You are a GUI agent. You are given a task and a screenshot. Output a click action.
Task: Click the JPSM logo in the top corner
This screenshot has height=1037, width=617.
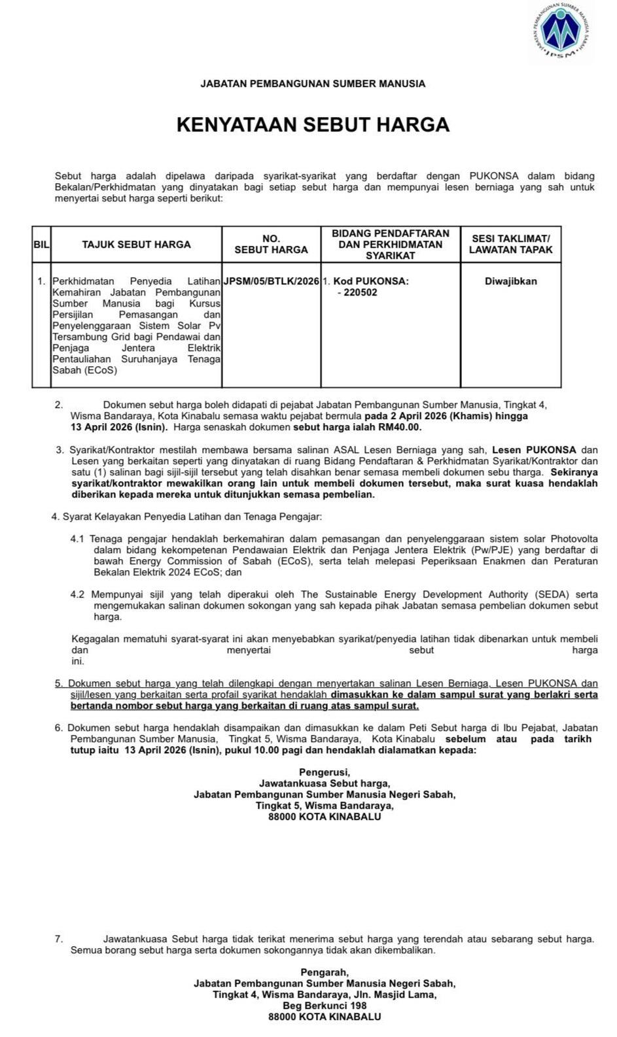click(562, 31)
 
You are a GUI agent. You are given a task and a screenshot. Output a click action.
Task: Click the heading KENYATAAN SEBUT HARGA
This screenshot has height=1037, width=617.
click(313, 125)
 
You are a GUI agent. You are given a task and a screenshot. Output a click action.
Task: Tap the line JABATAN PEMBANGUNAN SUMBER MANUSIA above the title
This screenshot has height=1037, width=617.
click(313, 84)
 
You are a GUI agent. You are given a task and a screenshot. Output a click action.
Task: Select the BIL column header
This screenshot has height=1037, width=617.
click(41, 245)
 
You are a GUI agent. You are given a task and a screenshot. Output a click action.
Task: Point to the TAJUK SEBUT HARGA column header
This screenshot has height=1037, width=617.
click(136, 245)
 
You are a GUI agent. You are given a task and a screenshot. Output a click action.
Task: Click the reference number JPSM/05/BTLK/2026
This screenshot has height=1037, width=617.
click(272, 281)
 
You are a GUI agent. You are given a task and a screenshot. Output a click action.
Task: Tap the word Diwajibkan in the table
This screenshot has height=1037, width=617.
click(510, 281)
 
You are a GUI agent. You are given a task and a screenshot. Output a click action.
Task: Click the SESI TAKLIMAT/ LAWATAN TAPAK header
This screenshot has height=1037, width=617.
click(510, 245)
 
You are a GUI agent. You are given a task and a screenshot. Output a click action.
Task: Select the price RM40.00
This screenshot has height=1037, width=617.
click(400, 427)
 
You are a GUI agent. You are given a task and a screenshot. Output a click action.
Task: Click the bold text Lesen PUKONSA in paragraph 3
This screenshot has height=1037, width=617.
click(534, 450)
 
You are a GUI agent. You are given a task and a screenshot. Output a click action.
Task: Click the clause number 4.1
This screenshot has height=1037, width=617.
click(78, 539)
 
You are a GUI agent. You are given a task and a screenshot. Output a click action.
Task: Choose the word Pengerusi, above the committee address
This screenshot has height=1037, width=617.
click(325, 772)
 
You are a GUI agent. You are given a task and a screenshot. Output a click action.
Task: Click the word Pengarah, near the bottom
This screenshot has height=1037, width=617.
click(325, 972)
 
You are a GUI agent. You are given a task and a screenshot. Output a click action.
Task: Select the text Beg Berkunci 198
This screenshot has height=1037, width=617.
click(325, 1006)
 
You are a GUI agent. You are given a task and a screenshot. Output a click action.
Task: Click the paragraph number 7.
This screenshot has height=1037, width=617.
click(59, 939)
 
